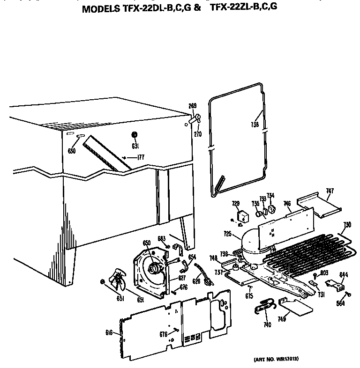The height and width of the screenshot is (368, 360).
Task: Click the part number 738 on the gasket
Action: tap(255, 125)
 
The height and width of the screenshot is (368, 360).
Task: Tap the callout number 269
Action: tap(192, 106)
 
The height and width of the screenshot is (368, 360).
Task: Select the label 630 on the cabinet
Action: tap(72, 150)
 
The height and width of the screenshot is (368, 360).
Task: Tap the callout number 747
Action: tap(330, 191)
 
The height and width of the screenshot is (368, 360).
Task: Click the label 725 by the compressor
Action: tap(228, 233)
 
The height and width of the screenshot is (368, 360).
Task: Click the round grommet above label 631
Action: tap(135, 135)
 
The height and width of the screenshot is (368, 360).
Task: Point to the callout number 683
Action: tap(161, 238)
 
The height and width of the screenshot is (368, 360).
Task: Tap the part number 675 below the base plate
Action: tap(249, 296)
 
